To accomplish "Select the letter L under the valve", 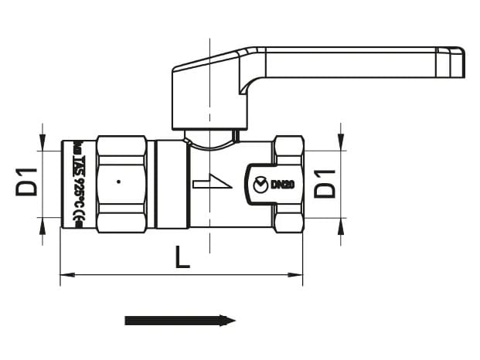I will tap(182, 257).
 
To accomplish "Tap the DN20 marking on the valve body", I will tap(284, 184).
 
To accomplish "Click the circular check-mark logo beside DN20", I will tap(260, 184).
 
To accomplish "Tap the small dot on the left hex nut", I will tap(117, 182).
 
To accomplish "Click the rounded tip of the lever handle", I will tap(458, 62).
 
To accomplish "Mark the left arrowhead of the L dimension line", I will tap(65, 274).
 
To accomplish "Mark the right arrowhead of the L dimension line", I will tap(297, 274).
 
